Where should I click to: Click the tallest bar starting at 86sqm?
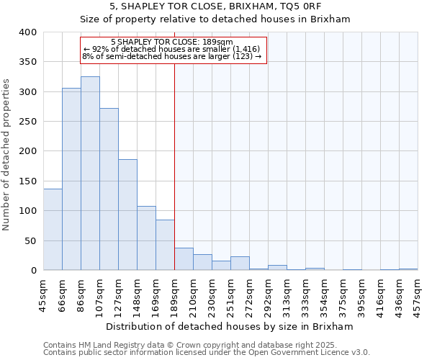[x=90, y=174]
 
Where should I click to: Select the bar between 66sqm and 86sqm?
[x=71, y=179]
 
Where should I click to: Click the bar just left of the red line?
[x=165, y=245]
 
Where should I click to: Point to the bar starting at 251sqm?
[x=240, y=264]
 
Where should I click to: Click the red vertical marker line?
[x=174, y=166]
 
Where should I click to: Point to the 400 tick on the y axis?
[x=27, y=32]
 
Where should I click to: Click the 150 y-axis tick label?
[x=27, y=181]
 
